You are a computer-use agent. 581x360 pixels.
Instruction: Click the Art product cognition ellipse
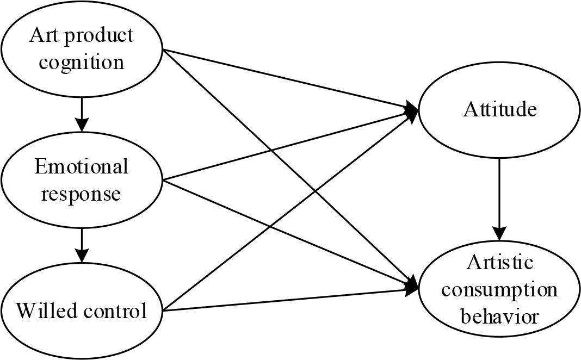[x=82, y=49]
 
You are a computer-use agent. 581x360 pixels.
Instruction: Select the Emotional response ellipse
[x=82, y=180]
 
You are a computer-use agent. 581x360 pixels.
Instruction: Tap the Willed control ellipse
[x=82, y=311]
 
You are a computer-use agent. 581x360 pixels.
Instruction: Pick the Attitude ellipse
[x=499, y=110]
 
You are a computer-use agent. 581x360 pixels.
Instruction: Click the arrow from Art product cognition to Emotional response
[x=82, y=114]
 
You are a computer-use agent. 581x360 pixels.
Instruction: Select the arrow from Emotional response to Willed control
[x=82, y=245]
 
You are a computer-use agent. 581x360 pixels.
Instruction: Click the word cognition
[x=82, y=62]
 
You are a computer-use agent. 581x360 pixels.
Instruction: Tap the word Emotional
[x=82, y=166]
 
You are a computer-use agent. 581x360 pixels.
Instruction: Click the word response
[x=82, y=194]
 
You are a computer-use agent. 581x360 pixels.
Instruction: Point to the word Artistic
[x=499, y=263]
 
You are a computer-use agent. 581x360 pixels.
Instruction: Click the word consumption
[x=499, y=289]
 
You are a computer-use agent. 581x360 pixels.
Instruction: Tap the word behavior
[x=499, y=315]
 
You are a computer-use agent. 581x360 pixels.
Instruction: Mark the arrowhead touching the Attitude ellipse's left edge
[x=412, y=109]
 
